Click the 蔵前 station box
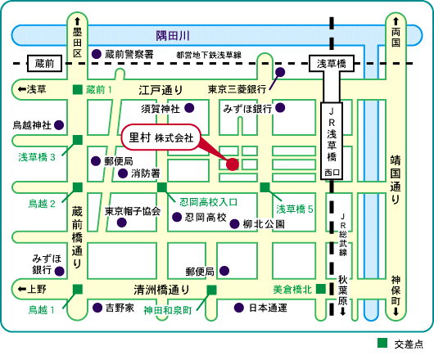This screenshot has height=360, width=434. coord(44,63)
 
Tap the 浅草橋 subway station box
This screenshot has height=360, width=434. coord(332,64)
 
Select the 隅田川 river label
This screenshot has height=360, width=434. coord(173,36)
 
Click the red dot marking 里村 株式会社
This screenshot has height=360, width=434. coord(233,164)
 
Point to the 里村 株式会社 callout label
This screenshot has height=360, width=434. coord(161,137)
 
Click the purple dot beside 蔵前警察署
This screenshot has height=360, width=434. coord(97,54)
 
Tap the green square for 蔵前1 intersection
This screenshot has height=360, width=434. coord(78,89)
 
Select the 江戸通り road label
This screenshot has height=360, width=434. coord(160,90)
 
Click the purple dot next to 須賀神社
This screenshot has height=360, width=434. coord(189,108)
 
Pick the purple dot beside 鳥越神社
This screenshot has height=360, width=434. coord(59,125)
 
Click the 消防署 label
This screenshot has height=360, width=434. coord(146,173)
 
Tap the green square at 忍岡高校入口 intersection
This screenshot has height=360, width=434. coord(162,187)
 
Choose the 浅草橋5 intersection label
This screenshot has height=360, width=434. coord(295,209)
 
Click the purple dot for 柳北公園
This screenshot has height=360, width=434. coord(234,223)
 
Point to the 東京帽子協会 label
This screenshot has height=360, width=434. coord(133,211)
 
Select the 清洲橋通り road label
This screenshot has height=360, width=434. coord(161,290)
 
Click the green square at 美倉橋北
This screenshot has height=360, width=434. coord(321,289)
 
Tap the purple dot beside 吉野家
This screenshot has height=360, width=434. coord(97,308)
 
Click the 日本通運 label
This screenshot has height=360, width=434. coord(268,308)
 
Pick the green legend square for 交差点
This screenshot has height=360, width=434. coord(382,343)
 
